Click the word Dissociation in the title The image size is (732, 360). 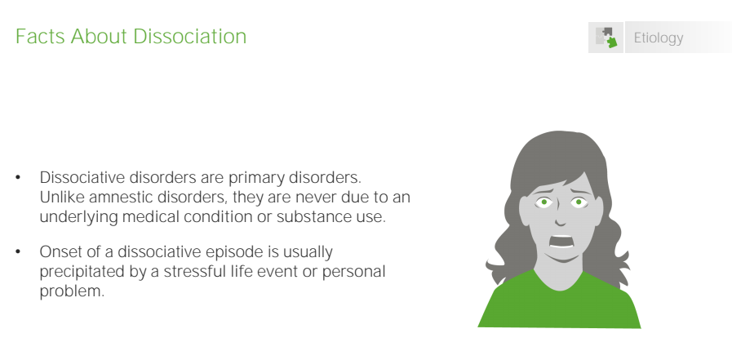[x=189, y=37]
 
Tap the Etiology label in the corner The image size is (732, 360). [x=659, y=38]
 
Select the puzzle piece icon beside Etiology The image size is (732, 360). [x=606, y=38]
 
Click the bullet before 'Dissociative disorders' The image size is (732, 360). [x=18, y=177]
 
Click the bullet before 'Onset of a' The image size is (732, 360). [x=18, y=251]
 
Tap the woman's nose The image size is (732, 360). [x=561, y=219]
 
